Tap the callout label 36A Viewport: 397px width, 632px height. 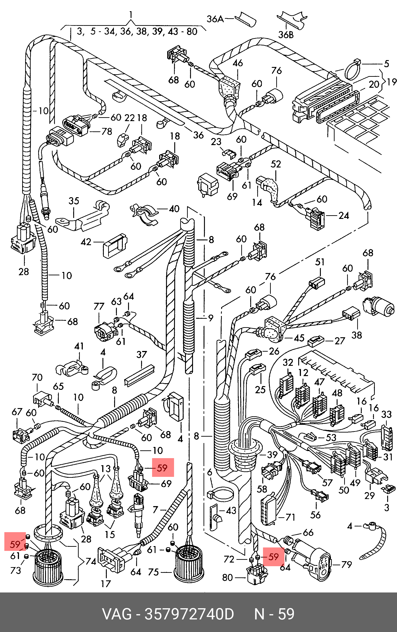coord(215,19)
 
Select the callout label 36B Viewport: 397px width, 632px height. coord(286,35)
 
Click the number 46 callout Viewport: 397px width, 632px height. coord(238,63)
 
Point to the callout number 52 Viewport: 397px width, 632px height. coord(276,164)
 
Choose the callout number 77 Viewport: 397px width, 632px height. coord(99,306)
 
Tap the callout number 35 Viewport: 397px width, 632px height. coord(74,201)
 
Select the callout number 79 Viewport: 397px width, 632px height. coord(346,564)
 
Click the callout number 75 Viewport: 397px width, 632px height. coord(153,572)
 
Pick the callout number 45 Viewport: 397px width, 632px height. coord(299,338)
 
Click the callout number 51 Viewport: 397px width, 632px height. coord(320,262)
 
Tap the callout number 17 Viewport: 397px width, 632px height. coord(106,584)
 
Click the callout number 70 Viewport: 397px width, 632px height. coord(37,377)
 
